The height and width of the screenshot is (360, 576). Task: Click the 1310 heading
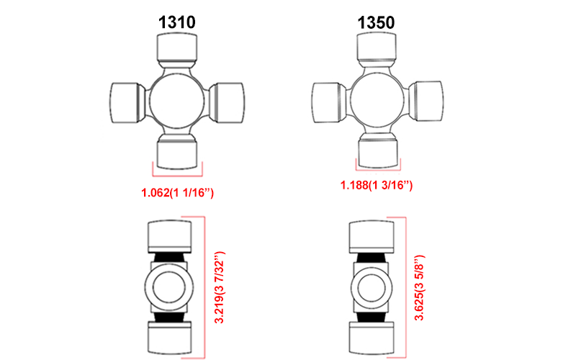click(x=176, y=22)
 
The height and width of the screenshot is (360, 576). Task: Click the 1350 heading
click(x=376, y=22)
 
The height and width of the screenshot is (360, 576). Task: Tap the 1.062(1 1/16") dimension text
click(x=178, y=192)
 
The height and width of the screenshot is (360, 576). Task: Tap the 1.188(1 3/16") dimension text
click(x=377, y=185)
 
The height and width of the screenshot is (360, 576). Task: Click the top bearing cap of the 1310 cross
click(x=177, y=49)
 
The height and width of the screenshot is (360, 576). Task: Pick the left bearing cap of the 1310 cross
click(x=126, y=102)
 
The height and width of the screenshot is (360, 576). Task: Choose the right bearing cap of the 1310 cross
click(x=229, y=102)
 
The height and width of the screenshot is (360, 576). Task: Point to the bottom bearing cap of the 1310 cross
click(x=178, y=151)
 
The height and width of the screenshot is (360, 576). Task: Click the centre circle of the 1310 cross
click(x=177, y=100)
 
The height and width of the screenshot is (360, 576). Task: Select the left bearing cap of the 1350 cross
click(x=325, y=102)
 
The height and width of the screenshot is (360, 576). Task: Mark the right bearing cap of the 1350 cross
click(x=428, y=102)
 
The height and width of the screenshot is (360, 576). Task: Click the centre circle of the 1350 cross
click(x=377, y=100)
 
